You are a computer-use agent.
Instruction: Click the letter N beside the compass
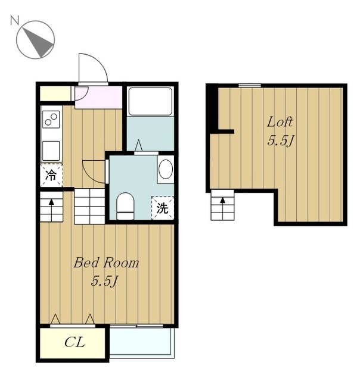14,20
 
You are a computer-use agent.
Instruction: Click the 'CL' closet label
75,342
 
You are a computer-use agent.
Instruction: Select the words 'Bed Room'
106,263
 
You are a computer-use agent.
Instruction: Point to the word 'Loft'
280,121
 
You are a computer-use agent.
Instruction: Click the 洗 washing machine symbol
163,208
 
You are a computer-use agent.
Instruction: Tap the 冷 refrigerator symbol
51,175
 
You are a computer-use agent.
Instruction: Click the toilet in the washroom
125,206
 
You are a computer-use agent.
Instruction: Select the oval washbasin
166,169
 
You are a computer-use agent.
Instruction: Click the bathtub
151,101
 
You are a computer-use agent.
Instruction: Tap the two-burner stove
51,119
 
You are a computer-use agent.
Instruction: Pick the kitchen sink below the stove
51,151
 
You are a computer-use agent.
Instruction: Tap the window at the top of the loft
250,85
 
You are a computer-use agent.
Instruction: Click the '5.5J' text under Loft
281,140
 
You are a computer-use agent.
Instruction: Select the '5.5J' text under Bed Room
104,282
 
